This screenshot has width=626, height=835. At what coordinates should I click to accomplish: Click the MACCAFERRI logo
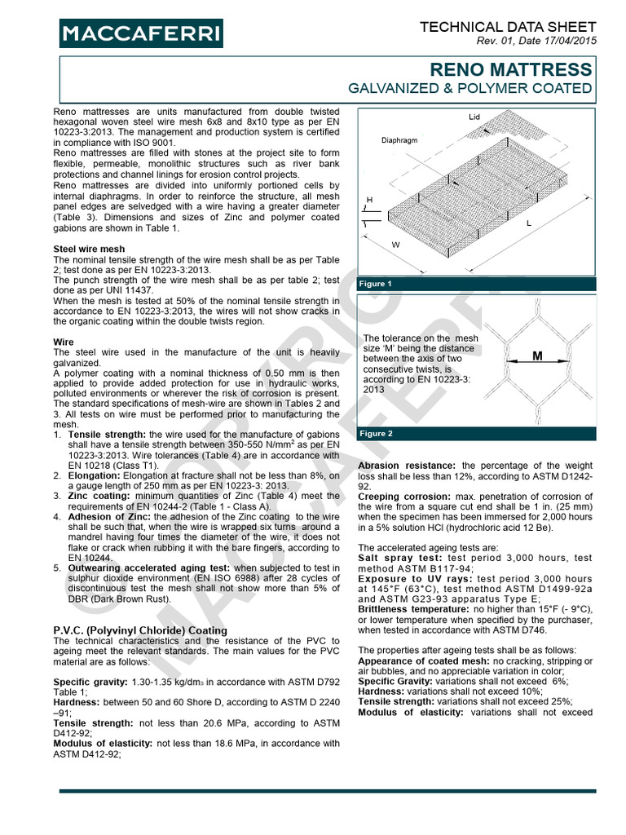[x=140, y=33]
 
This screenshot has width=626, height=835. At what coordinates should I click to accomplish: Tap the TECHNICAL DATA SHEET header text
[x=507, y=28]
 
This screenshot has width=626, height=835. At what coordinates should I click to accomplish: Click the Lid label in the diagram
[x=474, y=117]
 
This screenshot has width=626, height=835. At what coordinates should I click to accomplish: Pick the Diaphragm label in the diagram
[x=399, y=139]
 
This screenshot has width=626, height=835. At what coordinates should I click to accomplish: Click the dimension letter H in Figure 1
[x=369, y=200]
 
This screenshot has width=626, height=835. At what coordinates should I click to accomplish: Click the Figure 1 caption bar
[x=477, y=284]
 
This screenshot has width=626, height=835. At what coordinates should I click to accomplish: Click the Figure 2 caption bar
[x=477, y=434]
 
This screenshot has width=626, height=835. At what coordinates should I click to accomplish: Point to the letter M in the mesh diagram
[x=537, y=356]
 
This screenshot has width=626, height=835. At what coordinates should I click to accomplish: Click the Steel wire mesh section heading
[x=89, y=248]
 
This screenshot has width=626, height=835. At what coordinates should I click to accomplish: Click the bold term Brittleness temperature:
[x=412, y=609]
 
